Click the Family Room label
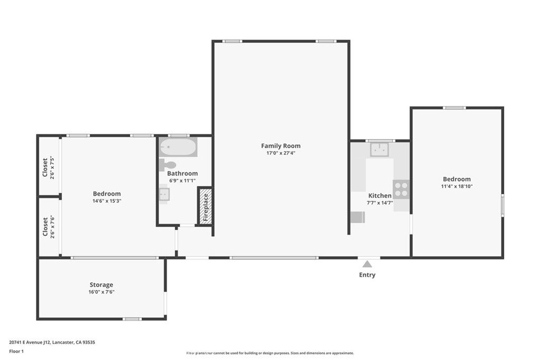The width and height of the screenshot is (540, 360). tap(281, 146)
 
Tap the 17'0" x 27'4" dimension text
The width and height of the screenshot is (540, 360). tap(281, 153)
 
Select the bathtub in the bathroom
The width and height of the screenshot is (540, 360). tap(178, 147)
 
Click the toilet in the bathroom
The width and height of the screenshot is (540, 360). tap(167, 164)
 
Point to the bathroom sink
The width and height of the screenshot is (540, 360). tap(164, 195)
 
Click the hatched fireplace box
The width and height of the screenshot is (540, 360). tap(205, 206)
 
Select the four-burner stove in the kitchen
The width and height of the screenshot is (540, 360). tap(401, 189)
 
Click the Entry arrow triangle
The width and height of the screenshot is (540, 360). tap(367, 264)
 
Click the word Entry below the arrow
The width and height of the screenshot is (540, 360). tap(367, 275)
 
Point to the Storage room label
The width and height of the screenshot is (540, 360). tap(101, 285)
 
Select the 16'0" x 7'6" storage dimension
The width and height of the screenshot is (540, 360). tap(101, 292)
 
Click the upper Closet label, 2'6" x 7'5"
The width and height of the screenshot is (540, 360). tap(45, 167)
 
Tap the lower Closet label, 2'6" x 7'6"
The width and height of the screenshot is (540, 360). tap(45, 227)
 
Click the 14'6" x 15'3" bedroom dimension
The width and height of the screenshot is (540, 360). tap(107, 201)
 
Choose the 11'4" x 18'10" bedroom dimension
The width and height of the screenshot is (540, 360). tap(457, 186)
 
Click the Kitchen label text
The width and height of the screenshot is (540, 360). tap(380, 196)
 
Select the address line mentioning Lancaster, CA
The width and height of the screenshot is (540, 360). tap(52, 342)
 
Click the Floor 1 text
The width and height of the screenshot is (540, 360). tap(16, 351)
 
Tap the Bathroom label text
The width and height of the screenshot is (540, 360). tap(182, 173)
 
